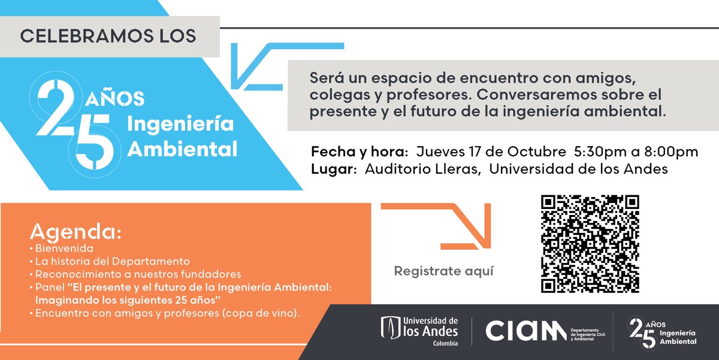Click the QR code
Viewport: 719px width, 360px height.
[x=590, y=244]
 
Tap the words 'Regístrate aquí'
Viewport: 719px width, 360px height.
[x=444, y=271]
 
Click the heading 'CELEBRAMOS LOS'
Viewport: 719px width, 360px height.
[x=108, y=36]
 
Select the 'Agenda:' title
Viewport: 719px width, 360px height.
[x=75, y=232]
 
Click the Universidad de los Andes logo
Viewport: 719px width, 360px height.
[x=419, y=331]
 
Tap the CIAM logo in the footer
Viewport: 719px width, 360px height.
[x=525, y=331]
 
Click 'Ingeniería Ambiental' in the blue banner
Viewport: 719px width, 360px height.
[x=183, y=137]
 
